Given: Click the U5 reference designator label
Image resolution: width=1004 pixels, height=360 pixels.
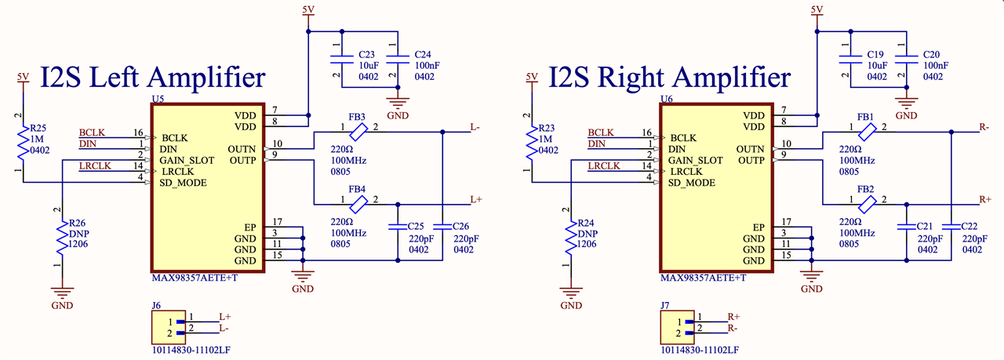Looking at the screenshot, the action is coord(158,99).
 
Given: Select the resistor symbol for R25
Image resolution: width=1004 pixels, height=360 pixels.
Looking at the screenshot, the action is coord(23,144).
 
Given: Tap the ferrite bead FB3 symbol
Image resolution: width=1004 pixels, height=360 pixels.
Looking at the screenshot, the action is coord(358,133).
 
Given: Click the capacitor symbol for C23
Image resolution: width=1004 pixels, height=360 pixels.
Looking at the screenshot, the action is coord(341,60).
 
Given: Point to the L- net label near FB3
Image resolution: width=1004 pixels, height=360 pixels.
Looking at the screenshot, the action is coord(475,127).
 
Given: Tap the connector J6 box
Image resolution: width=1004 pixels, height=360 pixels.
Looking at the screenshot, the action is coord(169,327).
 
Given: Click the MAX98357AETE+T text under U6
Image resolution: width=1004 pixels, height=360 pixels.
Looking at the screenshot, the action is coord(704,278).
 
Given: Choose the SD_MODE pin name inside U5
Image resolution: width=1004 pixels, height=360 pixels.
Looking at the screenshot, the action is coord(183,183).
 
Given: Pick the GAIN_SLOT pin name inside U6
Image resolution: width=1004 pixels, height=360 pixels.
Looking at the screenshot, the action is coord(695,161).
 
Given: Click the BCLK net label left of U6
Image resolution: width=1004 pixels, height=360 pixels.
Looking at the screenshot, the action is coord(601,133).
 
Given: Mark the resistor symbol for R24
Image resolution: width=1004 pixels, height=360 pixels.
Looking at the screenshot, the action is coord(570,238).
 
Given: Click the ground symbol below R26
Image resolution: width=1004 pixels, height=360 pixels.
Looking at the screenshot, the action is coord(62,293).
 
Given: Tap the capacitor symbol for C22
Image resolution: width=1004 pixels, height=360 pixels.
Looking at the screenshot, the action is coord(951,227).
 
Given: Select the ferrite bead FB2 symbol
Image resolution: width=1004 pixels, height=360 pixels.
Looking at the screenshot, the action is coord(867,205).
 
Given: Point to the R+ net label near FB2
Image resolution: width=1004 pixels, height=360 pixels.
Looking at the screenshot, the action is coord(984,199).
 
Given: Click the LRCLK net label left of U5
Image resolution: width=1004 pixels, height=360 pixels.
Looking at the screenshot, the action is coord(95,165).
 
